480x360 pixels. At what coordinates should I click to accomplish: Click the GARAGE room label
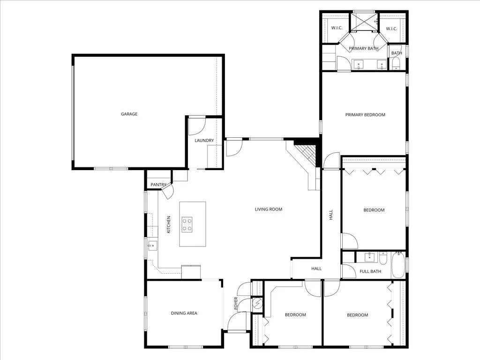tap(129, 114)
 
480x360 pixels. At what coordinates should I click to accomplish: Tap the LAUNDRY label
tap(204, 141)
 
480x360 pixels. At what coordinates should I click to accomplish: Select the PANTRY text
tap(158, 185)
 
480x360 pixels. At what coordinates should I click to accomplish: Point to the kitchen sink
tap(152, 246)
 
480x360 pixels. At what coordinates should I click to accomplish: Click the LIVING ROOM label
tap(269, 210)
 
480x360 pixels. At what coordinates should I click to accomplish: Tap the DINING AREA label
tap(184, 313)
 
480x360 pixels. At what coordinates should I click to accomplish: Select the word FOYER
tap(236, 303)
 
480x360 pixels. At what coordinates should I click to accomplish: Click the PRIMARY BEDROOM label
tap(365, 115)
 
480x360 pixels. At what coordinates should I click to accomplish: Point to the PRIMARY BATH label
tap(363, 48)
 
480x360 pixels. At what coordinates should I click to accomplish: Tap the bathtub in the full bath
tap(398, 265)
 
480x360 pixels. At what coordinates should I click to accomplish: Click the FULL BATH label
tap(370, 271)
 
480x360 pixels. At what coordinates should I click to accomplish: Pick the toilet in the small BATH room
tap(396, 64)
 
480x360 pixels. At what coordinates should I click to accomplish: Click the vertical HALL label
tap(331, 215)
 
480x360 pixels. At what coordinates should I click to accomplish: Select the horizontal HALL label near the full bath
tap(316, 269)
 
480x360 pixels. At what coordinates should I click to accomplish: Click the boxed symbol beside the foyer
tap(257, 303)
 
